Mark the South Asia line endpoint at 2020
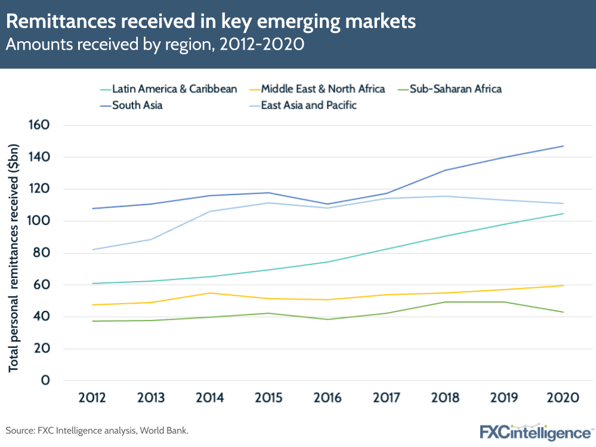563,146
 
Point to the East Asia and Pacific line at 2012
92,249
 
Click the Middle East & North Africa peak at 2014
210,293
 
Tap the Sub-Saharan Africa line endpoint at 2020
563,312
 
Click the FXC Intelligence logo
535,431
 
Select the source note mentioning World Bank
100,430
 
